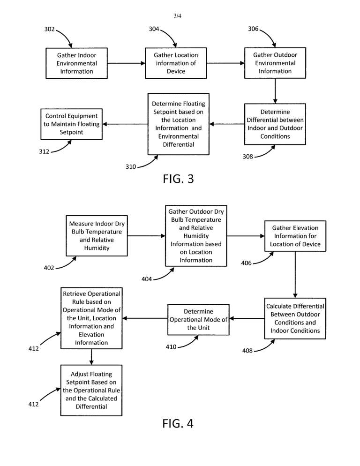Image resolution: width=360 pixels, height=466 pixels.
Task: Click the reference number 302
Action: [x=49, y=29]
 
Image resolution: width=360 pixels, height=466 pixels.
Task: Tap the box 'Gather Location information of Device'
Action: [x=176, y=63]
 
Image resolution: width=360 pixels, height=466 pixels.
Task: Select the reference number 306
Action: [x=253, y=29]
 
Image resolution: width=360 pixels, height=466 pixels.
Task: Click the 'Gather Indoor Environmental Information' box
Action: [x=76, y=63]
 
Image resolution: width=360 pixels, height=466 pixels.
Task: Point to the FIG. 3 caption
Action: [x=178, y=179]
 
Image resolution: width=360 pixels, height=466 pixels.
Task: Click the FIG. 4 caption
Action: [x=178, y=423]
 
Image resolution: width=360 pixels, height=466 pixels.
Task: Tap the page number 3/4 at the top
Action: [x=178, y=16]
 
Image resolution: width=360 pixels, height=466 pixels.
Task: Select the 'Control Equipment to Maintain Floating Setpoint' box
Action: [x=71, y=124]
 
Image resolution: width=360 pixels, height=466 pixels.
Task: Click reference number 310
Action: [x=131, y=167]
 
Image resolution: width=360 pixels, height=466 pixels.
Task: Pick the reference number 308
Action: [x=247, y=157]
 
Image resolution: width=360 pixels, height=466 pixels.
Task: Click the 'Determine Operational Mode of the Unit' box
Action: [x=198, y=319]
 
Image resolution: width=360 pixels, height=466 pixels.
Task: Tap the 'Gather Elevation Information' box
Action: [x=295, y=236]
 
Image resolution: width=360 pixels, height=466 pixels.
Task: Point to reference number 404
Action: [x=147, y=279]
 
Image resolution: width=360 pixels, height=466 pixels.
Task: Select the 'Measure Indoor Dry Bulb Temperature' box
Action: [x=97, y=236]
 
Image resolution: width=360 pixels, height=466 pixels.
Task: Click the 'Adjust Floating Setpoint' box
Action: [x=91, y=390]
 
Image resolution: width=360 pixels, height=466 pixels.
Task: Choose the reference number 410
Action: [x=171, y=347]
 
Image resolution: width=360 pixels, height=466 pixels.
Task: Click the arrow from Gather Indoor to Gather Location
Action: [x=126, y=63]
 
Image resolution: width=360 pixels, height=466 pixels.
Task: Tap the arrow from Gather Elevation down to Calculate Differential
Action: [x=295, y=275]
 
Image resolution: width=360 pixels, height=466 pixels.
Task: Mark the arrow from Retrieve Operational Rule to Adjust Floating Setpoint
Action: [x=91, y=357]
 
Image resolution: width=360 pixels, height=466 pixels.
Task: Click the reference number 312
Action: [x=44, y=151]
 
